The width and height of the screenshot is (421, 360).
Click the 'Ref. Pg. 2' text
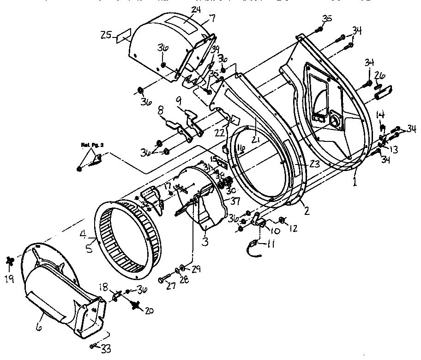click(90, 145)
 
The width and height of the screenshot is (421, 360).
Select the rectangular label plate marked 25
click(122, 37)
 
